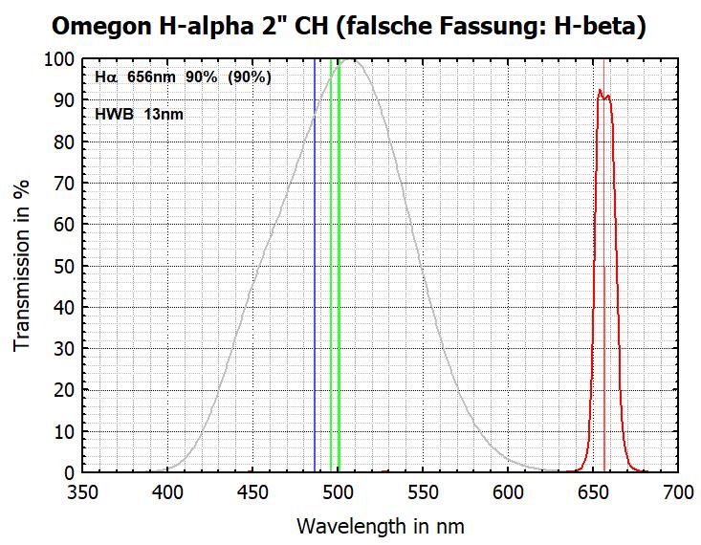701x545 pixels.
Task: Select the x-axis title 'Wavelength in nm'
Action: point(380,525)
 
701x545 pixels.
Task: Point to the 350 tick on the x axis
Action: point(83,492)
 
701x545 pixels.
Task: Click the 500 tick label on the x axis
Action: point(338,492)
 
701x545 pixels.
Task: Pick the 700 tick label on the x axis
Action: point(677,492)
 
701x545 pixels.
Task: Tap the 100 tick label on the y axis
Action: point(60,59)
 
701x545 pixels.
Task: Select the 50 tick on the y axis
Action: point(65,266)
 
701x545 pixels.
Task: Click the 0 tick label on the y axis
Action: point(70,472)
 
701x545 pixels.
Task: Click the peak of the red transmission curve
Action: point(600,91)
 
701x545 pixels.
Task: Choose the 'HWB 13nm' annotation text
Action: point(140,114)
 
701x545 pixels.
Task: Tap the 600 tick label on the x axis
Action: point(508,492)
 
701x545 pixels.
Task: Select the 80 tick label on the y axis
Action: point(65,142)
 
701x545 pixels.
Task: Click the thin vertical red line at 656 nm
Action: point(604,287)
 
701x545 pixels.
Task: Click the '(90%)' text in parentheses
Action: point(248,77)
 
